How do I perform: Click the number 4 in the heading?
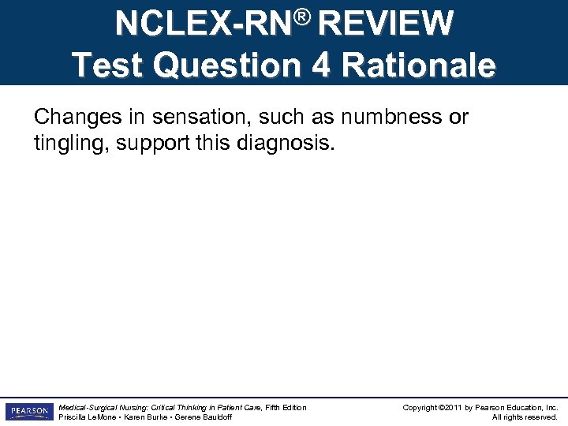point(321,65)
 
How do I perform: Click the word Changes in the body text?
point(73,118)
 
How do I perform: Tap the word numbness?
point(393,118)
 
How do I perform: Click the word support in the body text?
point(144,145)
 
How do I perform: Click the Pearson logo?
point(28,412)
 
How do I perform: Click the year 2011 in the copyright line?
point(453,408)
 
